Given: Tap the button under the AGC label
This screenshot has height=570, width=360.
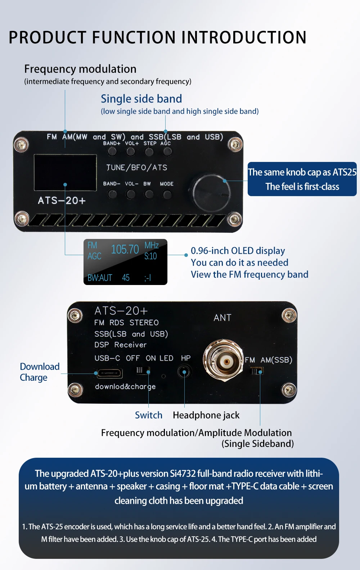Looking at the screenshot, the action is tap(167, 152).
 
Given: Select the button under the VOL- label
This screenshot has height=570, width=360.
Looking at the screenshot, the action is tap(131, 194).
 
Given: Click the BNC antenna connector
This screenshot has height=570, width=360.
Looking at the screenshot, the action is tap(223, 360).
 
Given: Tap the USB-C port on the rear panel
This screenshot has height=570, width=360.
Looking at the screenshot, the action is tap(109, 373).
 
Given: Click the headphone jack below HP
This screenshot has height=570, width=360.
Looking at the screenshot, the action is tap(184, 372).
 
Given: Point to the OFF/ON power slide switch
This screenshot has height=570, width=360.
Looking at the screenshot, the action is tap(143, 370).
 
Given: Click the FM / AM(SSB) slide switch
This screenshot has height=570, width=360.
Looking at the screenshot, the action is tap(257, 371).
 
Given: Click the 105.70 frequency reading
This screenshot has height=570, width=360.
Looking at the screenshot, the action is tap(125, 249).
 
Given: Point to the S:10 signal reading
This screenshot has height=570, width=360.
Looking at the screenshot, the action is tap(150, 256).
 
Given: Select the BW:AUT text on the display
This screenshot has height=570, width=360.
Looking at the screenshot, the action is tap(100, 277).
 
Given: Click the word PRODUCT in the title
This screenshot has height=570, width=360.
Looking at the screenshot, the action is tap(48, 37).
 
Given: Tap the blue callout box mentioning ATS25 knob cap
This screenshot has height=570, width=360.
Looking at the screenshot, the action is tap(302, 179).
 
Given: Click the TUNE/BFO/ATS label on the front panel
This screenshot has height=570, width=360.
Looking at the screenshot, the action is tap(137, 167).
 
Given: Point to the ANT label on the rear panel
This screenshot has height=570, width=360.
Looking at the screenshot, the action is tap(222, 318).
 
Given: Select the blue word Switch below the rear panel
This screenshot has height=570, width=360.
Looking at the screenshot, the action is tap(148, 415).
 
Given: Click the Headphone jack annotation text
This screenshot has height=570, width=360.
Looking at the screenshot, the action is tap(206, 415).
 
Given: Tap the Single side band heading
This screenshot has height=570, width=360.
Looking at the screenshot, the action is tap(141, 99).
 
